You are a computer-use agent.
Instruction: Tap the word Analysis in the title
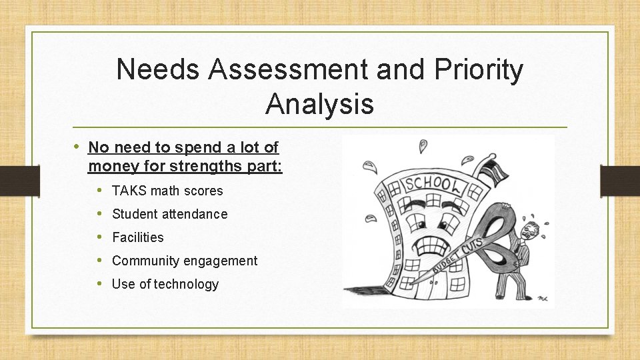tap(319, 104)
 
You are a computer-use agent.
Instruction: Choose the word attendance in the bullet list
tap(193, 215)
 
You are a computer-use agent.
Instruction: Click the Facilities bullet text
tap(138, 238)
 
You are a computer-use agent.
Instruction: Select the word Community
tap(142, 261)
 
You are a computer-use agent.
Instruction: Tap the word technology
tap(186, 285)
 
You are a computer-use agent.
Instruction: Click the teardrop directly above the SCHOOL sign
tap(423, 147)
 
